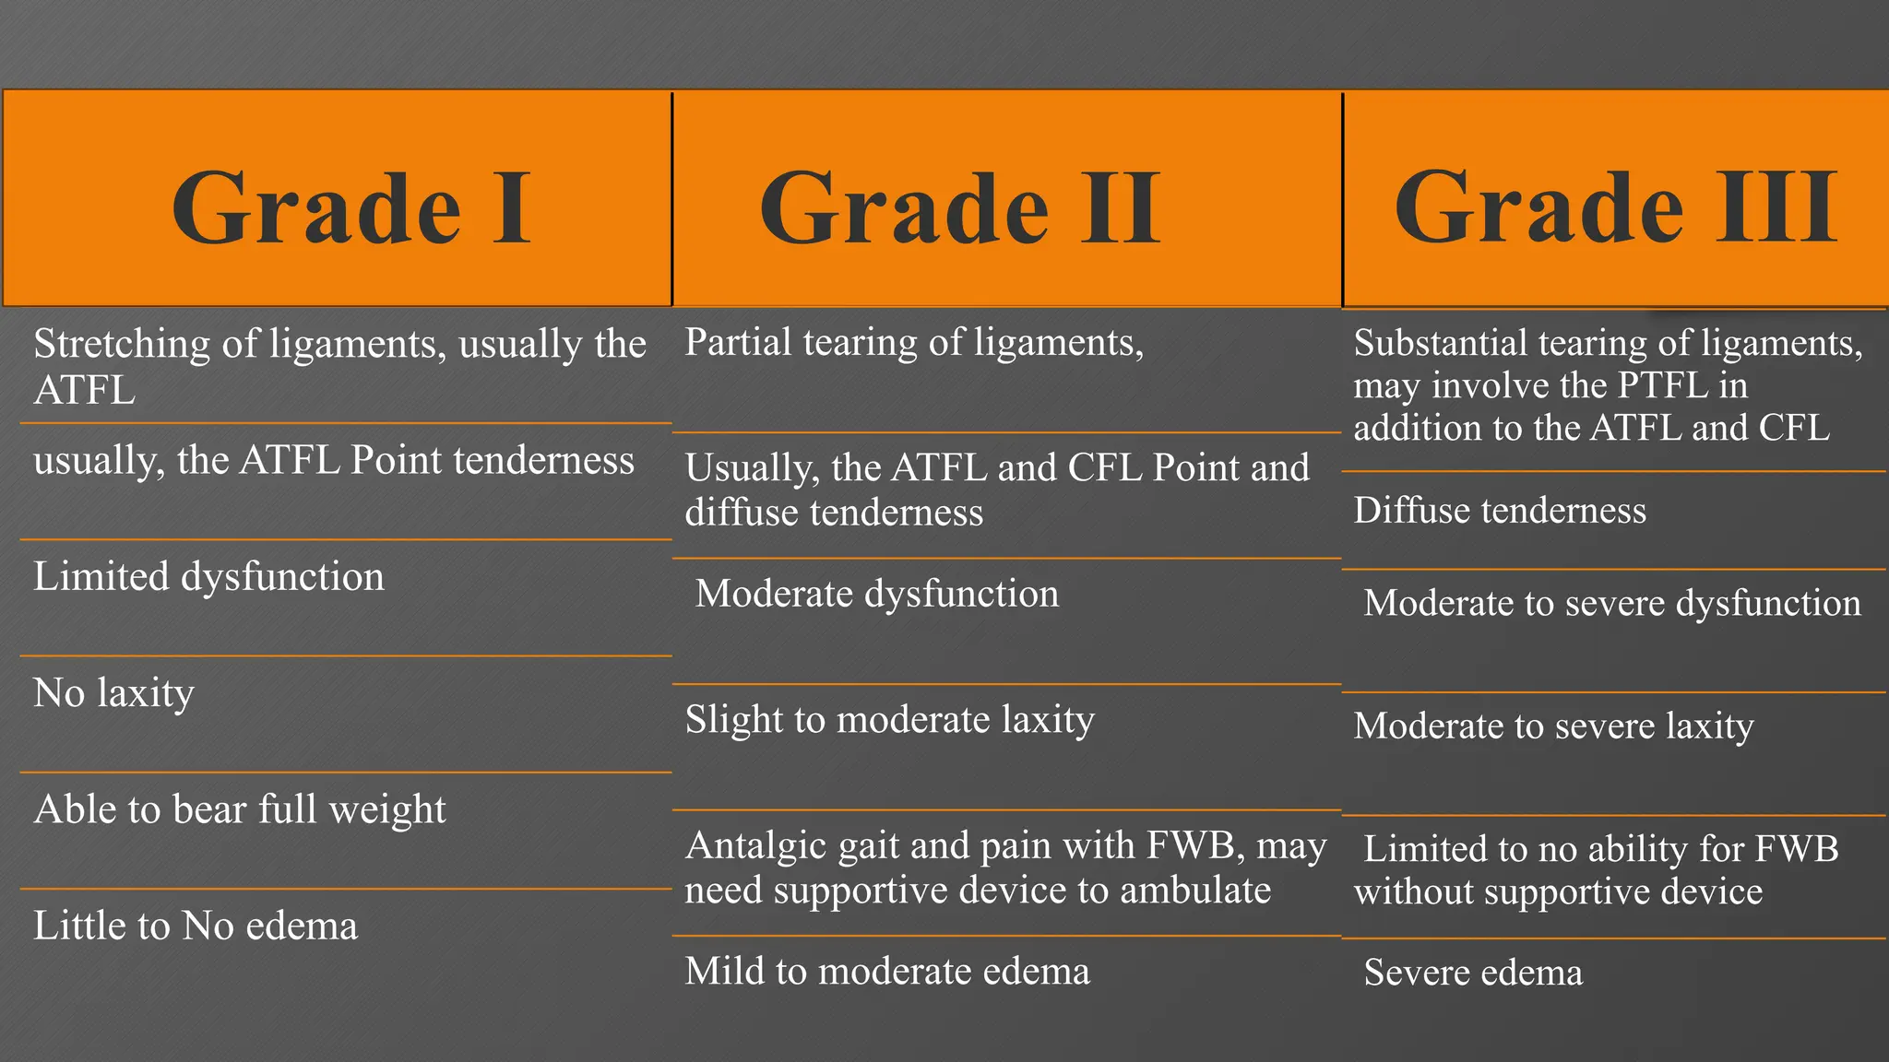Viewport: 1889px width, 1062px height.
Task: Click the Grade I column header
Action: pyautogui.click(x=350, y=208)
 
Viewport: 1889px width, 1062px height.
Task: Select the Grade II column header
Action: pyautogui.click(x=959, y=208)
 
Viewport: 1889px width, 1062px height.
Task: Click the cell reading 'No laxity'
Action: pyautogui.click(x=114, y=693)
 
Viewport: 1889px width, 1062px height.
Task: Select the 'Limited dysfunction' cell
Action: pyautogui.click(x=209, y=577)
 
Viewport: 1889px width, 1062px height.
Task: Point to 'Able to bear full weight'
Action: pyautogui.click(x=240, y=809)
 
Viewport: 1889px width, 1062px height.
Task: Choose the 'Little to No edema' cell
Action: pyautogui.click(x=196, y=926)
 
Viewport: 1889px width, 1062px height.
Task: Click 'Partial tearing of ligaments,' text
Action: pyautogui.click(x=914, y=343)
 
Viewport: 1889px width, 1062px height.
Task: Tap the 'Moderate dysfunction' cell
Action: pyautogui.click(x=877, y=594)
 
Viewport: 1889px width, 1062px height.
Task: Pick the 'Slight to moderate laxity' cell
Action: pyautogui.click(x=890, y=720)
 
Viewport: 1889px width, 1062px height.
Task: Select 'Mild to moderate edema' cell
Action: pyautogui.click(x=887, y=972)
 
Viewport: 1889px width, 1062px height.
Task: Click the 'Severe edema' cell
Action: pyautogui.click(x=1473, y=973)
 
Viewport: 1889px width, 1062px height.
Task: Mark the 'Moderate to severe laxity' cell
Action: pyautogui.click(x=1554, y=726)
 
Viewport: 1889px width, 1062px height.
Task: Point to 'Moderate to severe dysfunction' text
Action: pyautogui.click(x=1612, y=604)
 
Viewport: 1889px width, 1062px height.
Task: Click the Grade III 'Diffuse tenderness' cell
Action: pyautogui.click(x=1500, y=511)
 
